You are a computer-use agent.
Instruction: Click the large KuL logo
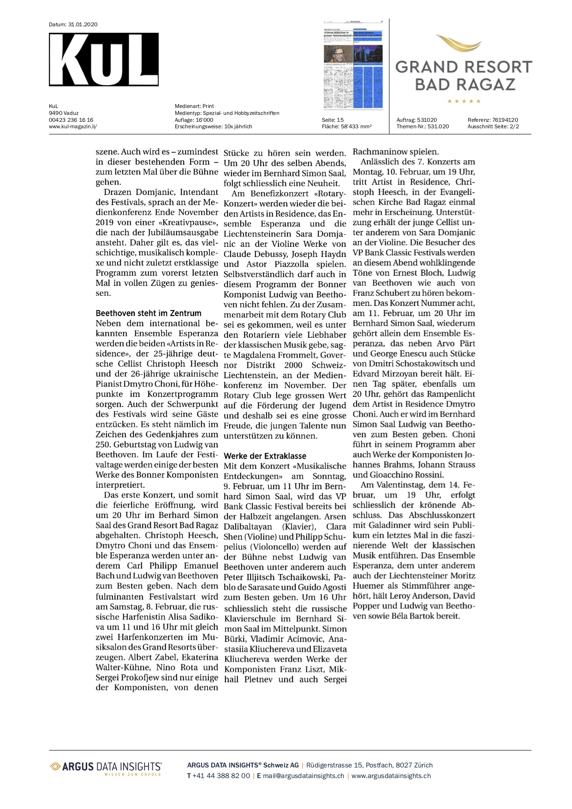(103, 59)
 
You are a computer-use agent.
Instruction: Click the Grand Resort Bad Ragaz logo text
(464, 75)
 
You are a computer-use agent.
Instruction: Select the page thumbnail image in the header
(353, 64)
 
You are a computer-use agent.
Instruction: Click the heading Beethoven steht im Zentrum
(149, 313)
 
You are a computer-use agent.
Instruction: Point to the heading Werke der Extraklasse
(265, 455)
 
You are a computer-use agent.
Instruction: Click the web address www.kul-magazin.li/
(73, 126)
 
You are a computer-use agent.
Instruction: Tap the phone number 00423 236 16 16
(71, 120)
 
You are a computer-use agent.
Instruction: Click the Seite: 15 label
(333, 120)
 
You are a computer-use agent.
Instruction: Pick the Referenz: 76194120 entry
(493, 120)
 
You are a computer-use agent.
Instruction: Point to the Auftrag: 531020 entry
(417, 120)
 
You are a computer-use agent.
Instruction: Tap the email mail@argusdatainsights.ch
(303, 776)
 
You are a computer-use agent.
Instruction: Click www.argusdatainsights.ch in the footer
(391, 776)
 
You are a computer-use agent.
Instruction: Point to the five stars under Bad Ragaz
(464, 101)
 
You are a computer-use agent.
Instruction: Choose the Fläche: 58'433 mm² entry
(346, 126)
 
